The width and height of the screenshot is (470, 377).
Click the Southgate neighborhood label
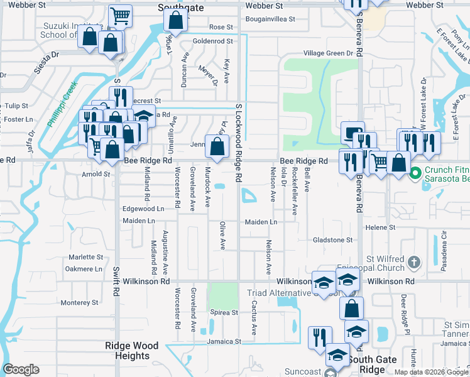[177, 8]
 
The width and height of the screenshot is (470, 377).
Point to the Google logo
[21, 369]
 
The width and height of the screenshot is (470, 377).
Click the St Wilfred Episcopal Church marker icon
[413, 261]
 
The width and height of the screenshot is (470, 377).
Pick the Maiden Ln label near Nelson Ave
[261, 222]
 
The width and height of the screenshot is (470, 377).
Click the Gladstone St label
[333, 240]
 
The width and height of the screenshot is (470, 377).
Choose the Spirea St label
[224, 312]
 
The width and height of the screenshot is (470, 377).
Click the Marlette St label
[85, 257]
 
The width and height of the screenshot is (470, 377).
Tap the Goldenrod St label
[212, 41]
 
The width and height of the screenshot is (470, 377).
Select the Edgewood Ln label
[143, 209]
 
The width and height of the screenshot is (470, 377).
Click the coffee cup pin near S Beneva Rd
[354, 133]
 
